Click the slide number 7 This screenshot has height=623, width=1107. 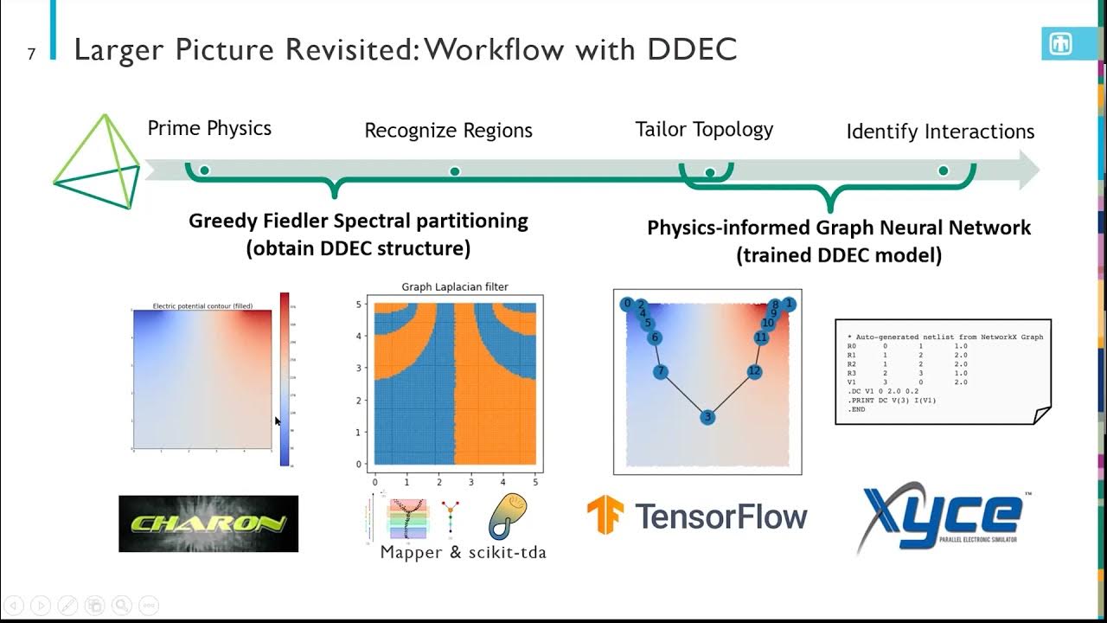click(x=31, y=54)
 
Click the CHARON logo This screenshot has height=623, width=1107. click(x=208, y=523)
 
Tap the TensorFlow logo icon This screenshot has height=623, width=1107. click(x=605, y=515)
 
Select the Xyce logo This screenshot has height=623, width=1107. click(x=940, y=517)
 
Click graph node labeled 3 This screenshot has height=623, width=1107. click(x=707, y=417)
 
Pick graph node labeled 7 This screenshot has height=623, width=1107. click(x=661, y=372)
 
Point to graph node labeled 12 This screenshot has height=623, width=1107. click(x=754, y=372)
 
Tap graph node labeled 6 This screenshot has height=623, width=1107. click(x=655, y=337)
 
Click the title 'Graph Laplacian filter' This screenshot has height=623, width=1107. click(x=455, y=286)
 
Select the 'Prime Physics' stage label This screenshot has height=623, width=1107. click(x=209, y=128)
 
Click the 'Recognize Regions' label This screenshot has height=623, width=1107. click(x=448, y=131)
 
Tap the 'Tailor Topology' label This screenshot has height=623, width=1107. click(x=704, y=130)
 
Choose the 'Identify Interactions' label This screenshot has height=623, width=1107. click(x=940, y=132)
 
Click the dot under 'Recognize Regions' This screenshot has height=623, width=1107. click(x=455, y=171)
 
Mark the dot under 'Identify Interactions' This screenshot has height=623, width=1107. click(x=944, y=171)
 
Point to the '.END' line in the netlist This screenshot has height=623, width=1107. click(x=856, y=409)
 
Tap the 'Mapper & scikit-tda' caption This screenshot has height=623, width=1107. click(x=463, y=552)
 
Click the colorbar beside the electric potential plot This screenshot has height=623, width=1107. click(x=285, y=379)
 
